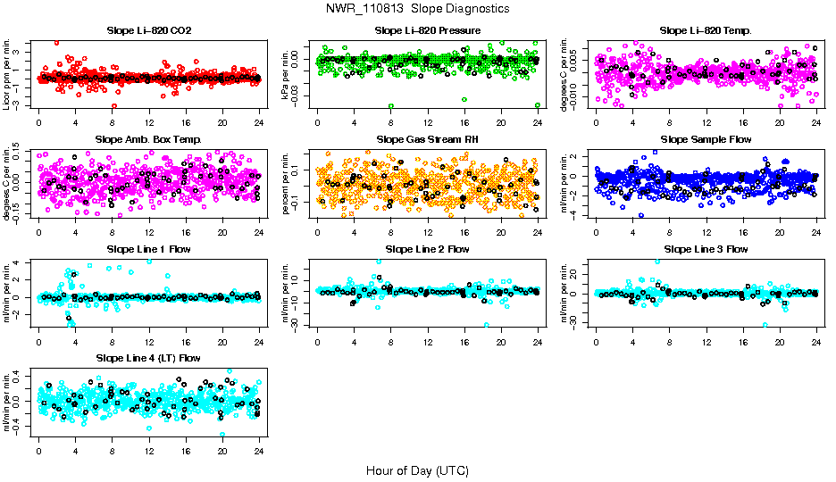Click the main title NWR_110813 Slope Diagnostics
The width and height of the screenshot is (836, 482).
click(x=418, y=8)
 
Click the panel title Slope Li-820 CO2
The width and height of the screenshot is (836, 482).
click(x=148, y=30)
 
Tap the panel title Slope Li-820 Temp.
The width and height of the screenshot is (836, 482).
click(x=706, y=30)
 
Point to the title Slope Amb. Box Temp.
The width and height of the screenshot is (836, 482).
click(x=148, y=139)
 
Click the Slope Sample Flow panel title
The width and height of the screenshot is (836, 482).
click(x=706, y=139)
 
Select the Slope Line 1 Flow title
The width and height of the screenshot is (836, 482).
click(x=148, y=248)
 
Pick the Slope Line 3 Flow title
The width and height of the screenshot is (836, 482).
click(x=706, y=248)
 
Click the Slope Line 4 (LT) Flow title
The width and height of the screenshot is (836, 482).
click(x=148, y=358)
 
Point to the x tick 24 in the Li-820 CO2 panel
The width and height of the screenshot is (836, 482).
click(x=259, y=123)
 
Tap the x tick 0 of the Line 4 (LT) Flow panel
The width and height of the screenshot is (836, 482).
click(x=38, y=451)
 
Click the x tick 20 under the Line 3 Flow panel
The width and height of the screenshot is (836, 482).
click(x=780, y=341)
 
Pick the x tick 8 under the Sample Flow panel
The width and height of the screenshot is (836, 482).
click(x=670, y=232)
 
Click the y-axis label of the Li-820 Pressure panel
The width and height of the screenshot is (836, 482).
click(x=288, y=74)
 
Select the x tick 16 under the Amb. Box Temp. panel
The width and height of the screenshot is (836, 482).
click(x=185, y=232)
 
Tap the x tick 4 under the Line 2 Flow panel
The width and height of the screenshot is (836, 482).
click(x=355, y=341)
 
